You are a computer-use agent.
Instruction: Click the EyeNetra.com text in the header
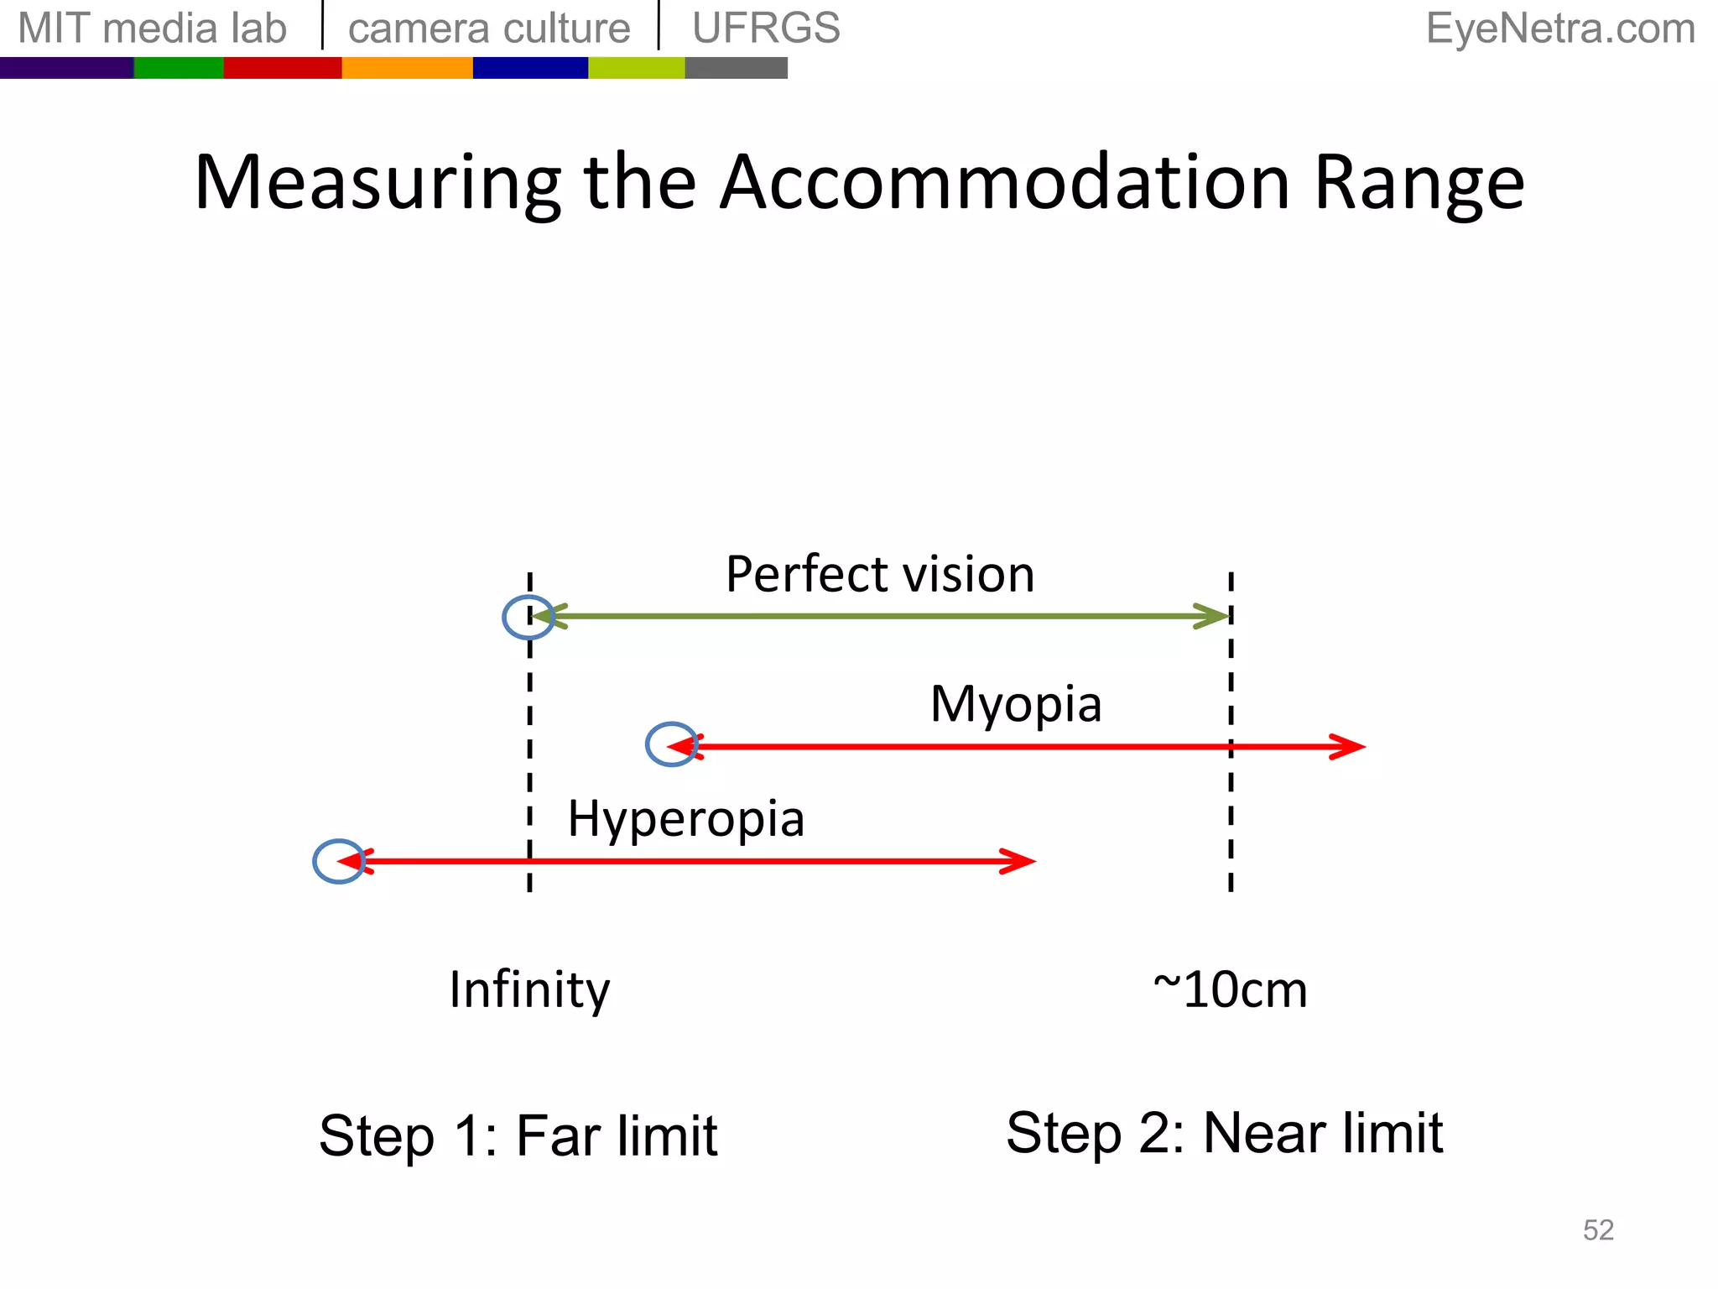(x=1560, y=29)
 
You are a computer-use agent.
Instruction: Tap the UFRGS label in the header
(x=766, y=29)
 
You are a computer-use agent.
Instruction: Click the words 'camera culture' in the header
(x=489, y=29)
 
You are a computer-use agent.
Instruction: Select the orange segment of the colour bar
(x=407, y=68)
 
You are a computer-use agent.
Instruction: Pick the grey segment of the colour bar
(x=736, y=68)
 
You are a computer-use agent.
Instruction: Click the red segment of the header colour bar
(x=282, y=68)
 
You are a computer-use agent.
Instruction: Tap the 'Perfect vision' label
(x=880, y=575)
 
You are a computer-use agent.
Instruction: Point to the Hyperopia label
(x=686, y=818)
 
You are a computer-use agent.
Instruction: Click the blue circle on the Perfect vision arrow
(x=528, y=617)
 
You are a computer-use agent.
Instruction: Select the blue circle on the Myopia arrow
(x=672, y=744)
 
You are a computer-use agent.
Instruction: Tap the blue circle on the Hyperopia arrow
(x=339, y=861)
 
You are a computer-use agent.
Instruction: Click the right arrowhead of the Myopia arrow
(x=1349, y=746)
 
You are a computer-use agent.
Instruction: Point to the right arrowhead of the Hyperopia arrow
(x=1019, y=861)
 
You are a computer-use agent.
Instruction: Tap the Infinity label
(x=529, y=989)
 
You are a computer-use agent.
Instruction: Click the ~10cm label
(x=1230, y=990)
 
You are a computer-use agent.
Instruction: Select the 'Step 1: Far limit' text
(x=518, y=1135)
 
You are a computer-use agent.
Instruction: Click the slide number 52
(x=1598, y=1230)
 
